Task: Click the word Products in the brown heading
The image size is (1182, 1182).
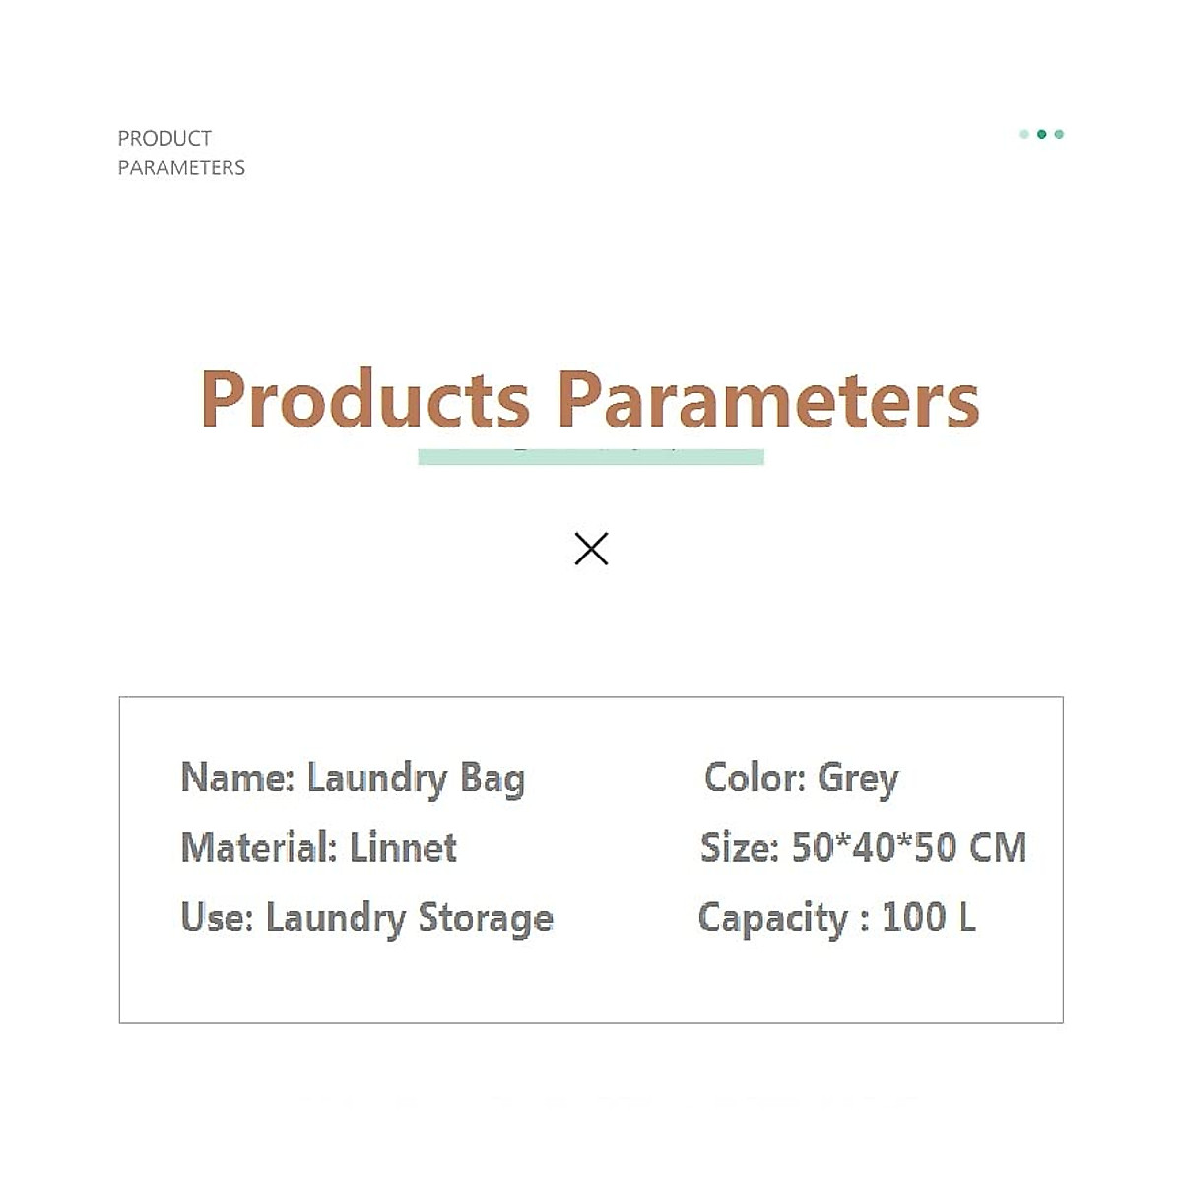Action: coord(364,399)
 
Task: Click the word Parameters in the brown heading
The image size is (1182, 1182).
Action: coord(767,399)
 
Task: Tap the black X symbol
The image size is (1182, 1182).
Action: coord(591,549)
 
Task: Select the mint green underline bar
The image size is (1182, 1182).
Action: coord(591,457)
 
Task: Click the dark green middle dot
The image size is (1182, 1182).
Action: coord(1041,134)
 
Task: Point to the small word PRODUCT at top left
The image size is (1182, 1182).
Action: coord(164,138)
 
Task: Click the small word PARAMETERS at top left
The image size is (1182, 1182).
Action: coord(181,167)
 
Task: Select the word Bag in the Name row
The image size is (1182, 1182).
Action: coord(492,778)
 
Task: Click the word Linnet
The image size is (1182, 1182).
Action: coord(403,847)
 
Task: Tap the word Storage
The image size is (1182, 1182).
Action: coord(486,917)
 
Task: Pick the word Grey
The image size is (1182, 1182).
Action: coord(858,778)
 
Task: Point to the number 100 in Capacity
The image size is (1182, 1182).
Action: coord(913,917)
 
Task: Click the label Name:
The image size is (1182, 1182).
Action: coord(237,778)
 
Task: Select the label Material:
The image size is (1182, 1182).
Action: coord(259,847)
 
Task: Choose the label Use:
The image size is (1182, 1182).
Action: coord(217,917)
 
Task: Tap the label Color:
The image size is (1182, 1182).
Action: coord(755,778)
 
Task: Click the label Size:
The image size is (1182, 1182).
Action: coord(739,847)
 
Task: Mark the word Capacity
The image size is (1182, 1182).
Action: coord(772,917)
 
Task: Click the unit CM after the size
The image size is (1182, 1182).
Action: coord(998,847)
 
